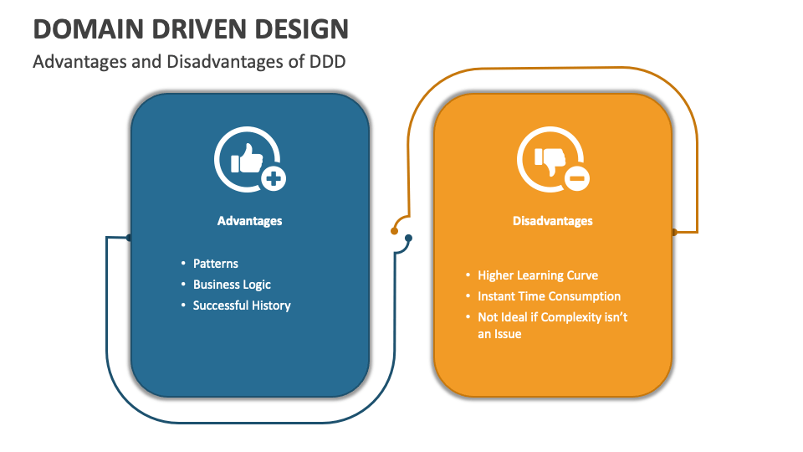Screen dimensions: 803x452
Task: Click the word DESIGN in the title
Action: click(301, 28)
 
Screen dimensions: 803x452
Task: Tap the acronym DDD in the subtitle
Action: click(327, 61)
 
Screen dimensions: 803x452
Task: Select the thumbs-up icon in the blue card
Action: click(247, 158)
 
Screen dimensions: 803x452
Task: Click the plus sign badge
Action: click(274, 179)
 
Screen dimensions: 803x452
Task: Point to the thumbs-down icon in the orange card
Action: click(550, 161)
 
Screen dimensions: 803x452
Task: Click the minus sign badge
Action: click(576, 178)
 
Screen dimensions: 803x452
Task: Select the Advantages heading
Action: click(249, 221)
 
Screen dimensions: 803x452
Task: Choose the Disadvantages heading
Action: click(553, 221)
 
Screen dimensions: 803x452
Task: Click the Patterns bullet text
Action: click(216, 264)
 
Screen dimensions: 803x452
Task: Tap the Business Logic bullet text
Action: click(232, 285)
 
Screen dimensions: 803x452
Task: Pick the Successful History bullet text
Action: click(242, 306)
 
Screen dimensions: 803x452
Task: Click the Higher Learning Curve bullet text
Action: click(538, 275)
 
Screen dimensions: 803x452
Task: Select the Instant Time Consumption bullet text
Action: click(549, 296)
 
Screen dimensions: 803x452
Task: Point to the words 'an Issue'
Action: click(499, 334)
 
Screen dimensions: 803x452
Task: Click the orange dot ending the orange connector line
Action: click(394, 231)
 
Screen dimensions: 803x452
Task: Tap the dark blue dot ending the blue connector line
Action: click(408, 238)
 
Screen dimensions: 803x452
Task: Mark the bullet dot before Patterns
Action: click(183, 263)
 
